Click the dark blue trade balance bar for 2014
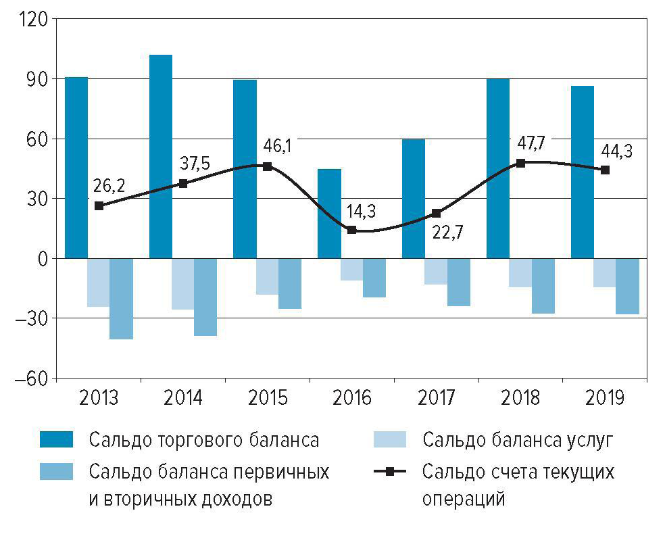click(x=161, y=155)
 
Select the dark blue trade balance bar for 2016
click(x=329, y=213)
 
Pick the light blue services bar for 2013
click(x=98, y=283)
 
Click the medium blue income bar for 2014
click(x=205, y=297)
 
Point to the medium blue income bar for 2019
click(x=627, y=286)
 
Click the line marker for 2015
click(x=268, y=166)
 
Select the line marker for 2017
click(x=436, y=214)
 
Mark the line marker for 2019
click(x=605, y=170)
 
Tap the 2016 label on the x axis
click(x=352, y=397)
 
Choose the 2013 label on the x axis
click(x=99, y=397)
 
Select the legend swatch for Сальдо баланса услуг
click(x=390, y=440)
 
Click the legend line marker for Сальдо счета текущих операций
click(x=390, y=471)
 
